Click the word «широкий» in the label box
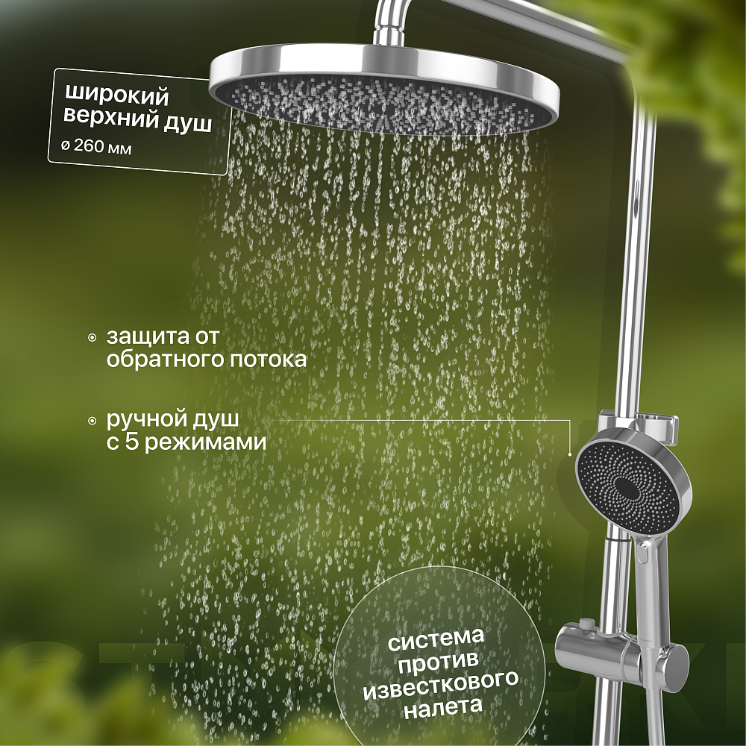click(x=116, y=94)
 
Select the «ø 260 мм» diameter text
click(x=96, y=147)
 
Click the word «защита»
click(x=138, y=337)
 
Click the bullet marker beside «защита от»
click(x=93, y=338)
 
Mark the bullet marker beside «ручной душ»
click(x=93, y=421)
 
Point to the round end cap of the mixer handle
click(x=678, y=658)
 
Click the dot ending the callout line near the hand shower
click(x=570, y=454)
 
